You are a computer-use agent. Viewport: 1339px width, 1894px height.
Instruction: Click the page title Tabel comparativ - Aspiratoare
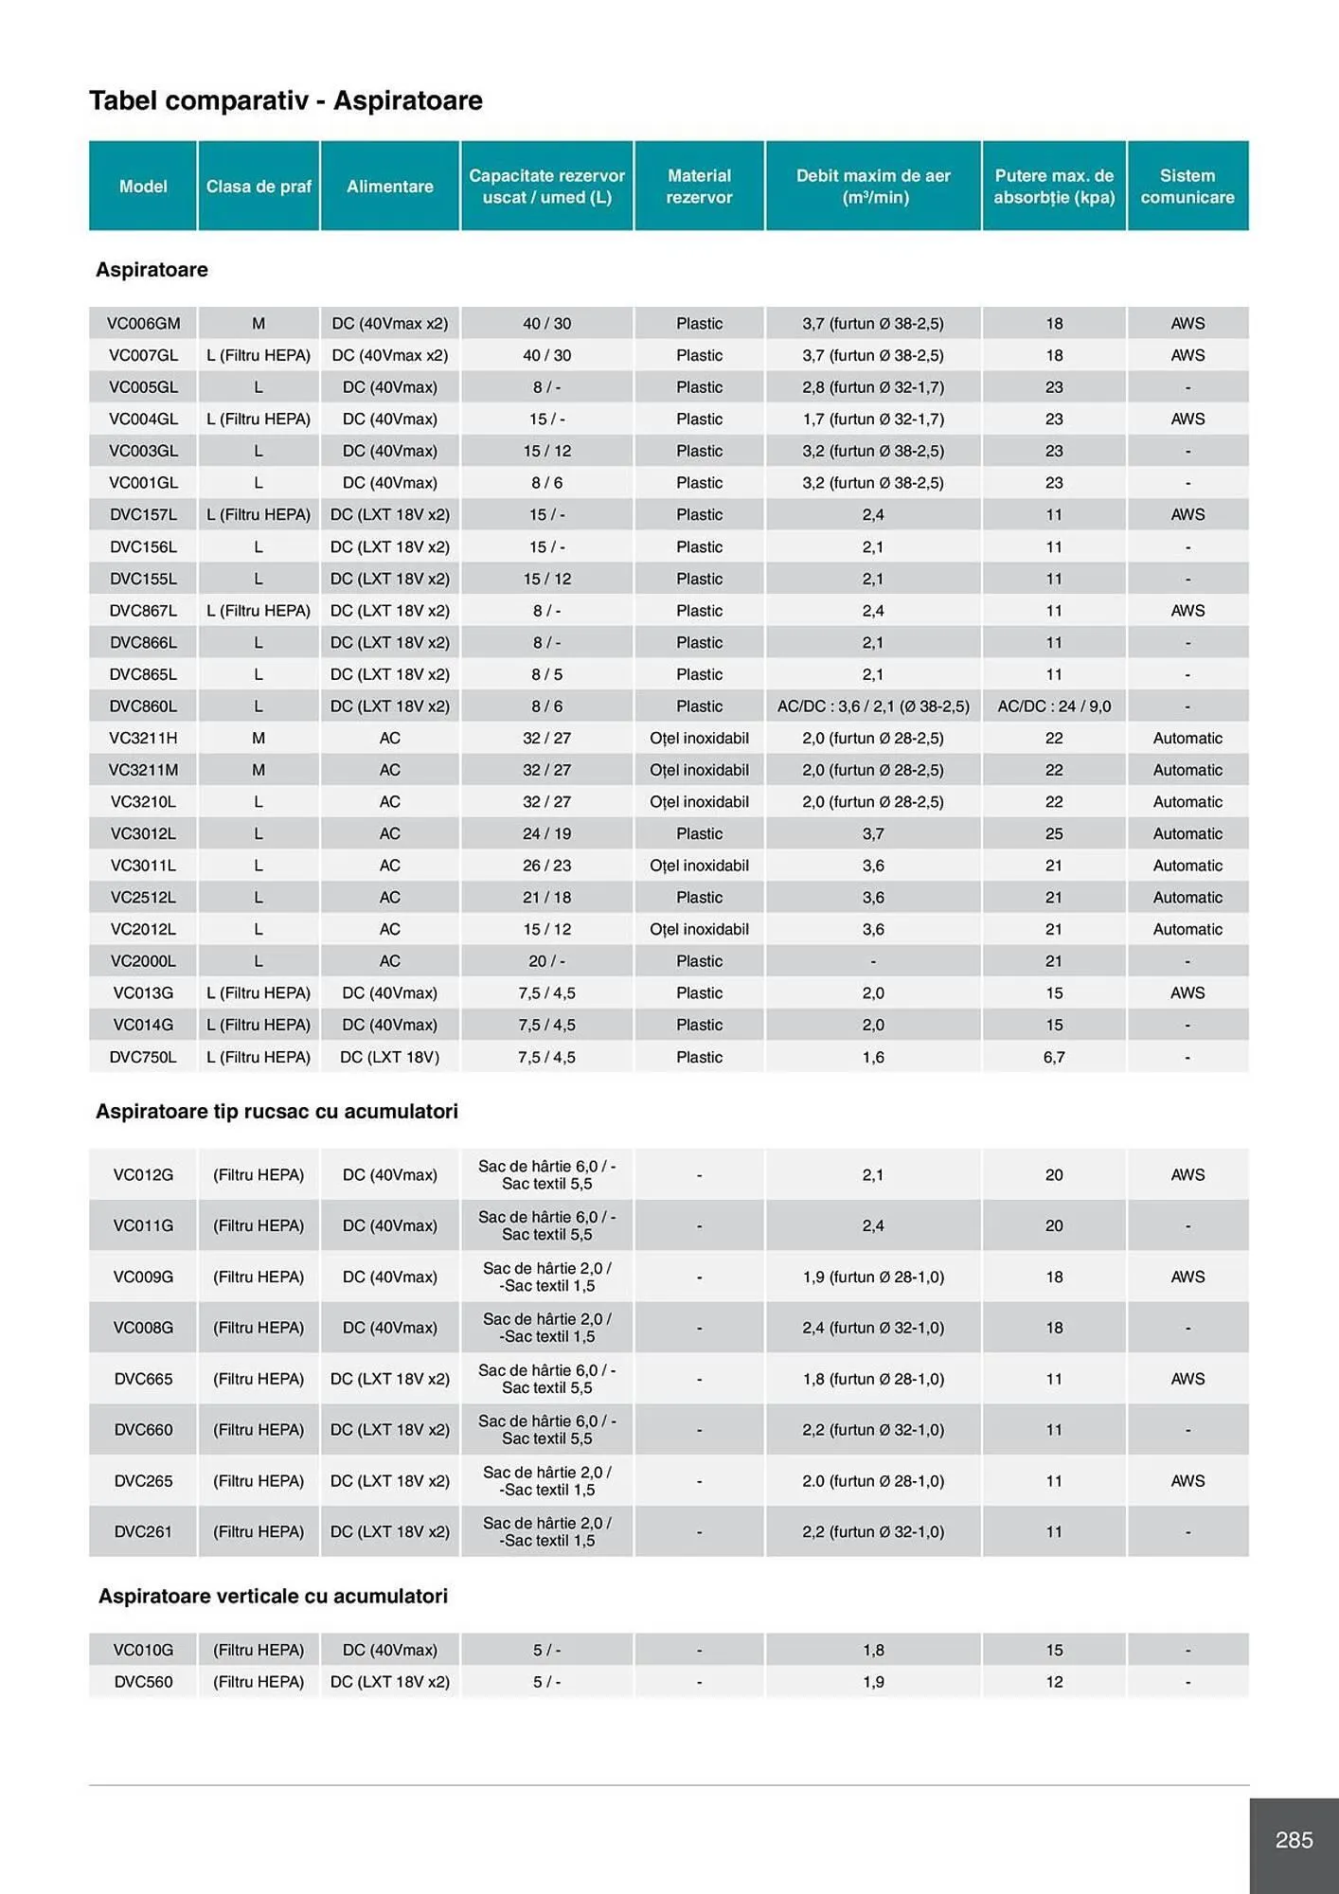[x=285, y=100]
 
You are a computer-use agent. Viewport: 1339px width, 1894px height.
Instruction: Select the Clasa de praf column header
[x=259, y=187]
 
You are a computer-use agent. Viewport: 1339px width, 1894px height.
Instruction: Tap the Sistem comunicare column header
[x=1187, y=187]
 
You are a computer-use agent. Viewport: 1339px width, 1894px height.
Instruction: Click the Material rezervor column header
[x=699, y=187]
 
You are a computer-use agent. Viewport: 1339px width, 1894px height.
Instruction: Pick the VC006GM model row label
[x=143, y=324]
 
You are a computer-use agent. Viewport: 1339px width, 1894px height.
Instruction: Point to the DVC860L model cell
[x=143, y=706]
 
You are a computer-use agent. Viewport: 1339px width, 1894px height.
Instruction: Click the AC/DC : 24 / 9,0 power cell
[x=1054, y=706]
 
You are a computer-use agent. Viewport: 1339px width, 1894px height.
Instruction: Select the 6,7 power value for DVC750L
[x=1054, y=1057]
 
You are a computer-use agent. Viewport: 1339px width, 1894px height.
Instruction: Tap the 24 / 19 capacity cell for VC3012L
[x=546, y=833]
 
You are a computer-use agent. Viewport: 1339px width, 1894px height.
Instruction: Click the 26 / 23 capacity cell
[x=546, y=866]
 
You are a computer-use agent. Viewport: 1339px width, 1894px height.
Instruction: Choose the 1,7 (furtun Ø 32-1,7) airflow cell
[x=872, y=420]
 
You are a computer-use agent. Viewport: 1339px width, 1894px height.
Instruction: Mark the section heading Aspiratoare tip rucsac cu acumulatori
[x=277, y=1112]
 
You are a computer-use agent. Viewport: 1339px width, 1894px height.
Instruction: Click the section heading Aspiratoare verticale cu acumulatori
[x=273, y=1597]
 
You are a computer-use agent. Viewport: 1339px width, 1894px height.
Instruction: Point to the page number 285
[x=1294, y=1840]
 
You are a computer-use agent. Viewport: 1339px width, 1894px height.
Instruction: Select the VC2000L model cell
[x=143, y=961]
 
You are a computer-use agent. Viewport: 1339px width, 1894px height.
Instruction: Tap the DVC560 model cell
[x=143, y=1682]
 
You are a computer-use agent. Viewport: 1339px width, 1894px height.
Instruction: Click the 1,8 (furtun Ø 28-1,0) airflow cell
[x=872, y=1379]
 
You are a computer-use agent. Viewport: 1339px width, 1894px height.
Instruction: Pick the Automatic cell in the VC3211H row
[x=1187, y=739]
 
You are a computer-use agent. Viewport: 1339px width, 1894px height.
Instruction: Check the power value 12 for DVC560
[x=1054, y=1682]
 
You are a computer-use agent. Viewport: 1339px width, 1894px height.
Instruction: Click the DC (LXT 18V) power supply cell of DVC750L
[x=389, y=1057]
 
